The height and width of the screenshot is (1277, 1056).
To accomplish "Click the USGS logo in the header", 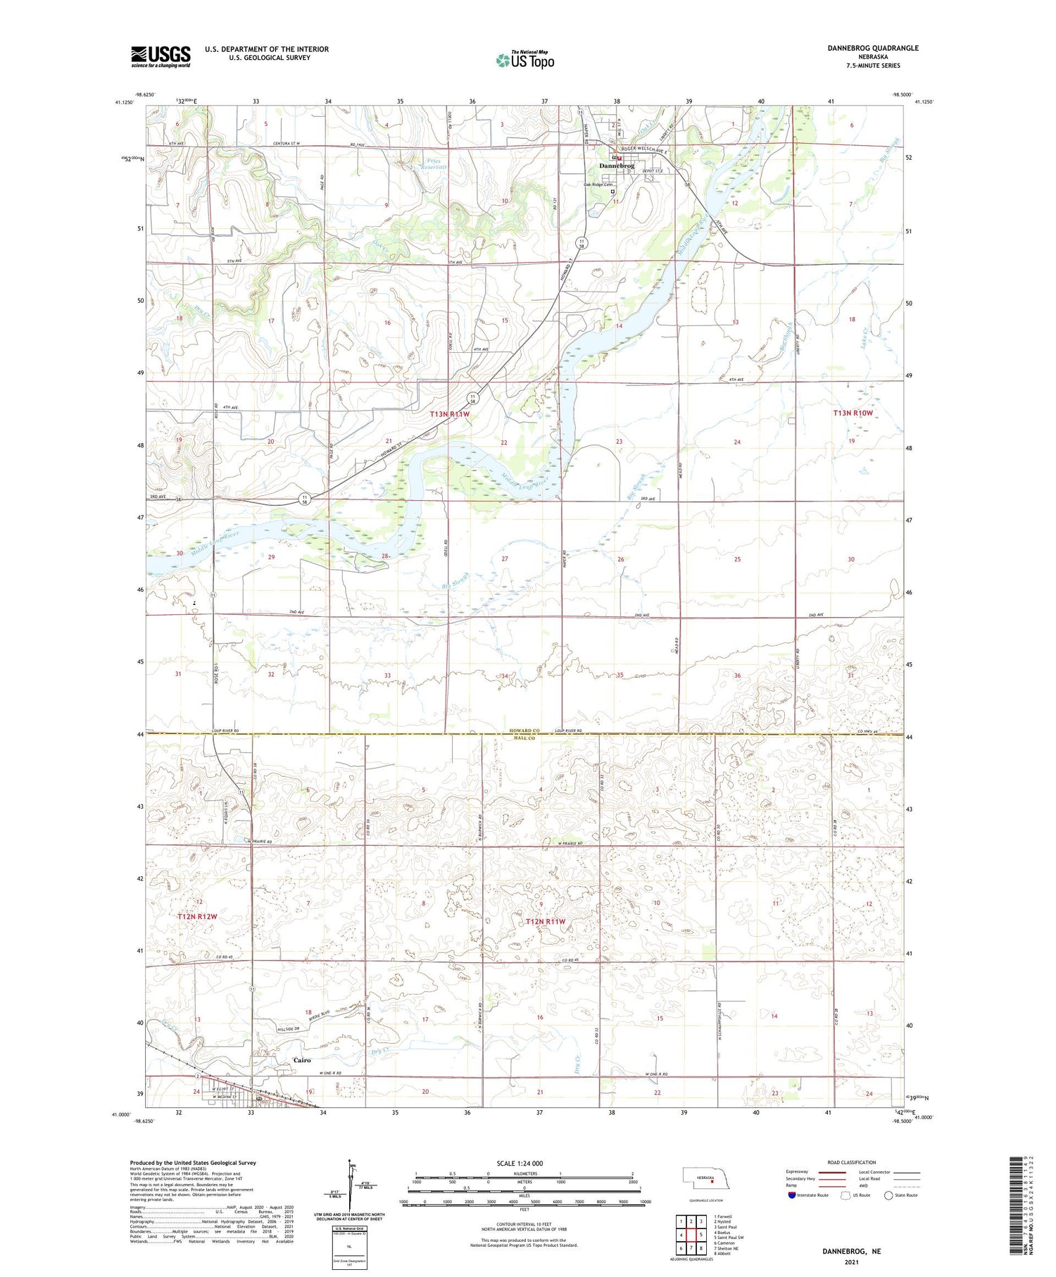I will [x=161, y=56].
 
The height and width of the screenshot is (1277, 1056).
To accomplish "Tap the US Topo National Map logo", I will [x=524, y=60].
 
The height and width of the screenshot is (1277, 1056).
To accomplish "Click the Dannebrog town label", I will [x=616, y=166].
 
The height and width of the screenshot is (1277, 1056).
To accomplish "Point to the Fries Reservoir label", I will [x=434, y=164].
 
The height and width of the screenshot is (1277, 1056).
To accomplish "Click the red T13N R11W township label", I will [x=449, y=415].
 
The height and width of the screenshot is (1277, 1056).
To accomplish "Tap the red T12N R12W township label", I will [x=197, y=916].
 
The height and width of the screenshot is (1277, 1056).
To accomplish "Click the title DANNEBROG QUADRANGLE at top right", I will [x=873, y=48].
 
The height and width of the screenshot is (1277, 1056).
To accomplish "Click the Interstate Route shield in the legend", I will [x=792, y=1195].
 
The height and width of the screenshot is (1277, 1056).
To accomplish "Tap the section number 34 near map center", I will [x=504, y=676].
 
